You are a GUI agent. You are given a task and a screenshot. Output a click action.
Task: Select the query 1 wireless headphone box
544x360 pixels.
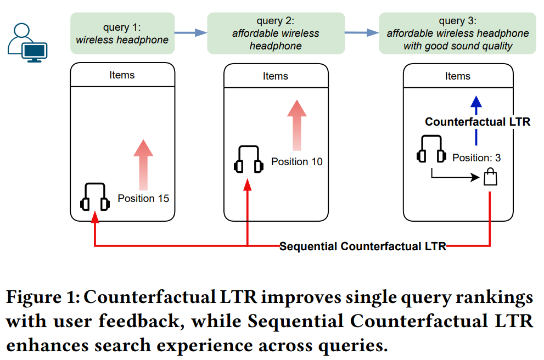pyautogui.click(x=122, y=33)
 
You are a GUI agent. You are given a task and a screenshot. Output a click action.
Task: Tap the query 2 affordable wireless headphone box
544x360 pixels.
pyautogui.click(x=276, y=33)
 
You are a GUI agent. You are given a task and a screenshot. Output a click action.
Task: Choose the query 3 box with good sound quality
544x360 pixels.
pyautogui.click(x=458, y=33)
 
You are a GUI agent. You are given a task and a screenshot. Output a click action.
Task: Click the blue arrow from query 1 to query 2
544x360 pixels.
pyautogui.click(x=190, y=33)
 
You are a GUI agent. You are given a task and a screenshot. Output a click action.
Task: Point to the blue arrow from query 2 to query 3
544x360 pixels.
pyautogui.click(x=362, y=33)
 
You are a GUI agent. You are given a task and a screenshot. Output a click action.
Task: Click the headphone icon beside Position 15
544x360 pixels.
pyautogui.click(x=95, y=197)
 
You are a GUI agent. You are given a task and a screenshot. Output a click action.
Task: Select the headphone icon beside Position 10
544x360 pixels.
pyautogui.click(x=247, y=160)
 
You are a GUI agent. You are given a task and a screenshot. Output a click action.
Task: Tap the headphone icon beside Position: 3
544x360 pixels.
pyautogui.click(x=431, y=149)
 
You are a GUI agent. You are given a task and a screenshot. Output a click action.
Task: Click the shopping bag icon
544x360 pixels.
pyautogui.click(x=490, y=177)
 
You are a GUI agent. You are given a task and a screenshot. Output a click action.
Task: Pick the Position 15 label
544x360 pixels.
pyautogui.click(x=143, y=198)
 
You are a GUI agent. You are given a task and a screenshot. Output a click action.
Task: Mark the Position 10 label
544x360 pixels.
pyautogui.click(x=296, y=162)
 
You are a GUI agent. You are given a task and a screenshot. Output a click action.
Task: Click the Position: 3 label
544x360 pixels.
pyautogui.click(x=476, y=158)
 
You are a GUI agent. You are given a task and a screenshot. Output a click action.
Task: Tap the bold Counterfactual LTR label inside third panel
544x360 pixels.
pyautogui.click(x=478, y=122)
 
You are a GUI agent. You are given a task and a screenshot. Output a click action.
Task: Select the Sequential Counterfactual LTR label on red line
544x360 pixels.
pyautogui.click(x=362, y=246)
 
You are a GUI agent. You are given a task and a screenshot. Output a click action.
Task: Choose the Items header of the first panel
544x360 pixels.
pyautogui.click(x=122, y=75)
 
